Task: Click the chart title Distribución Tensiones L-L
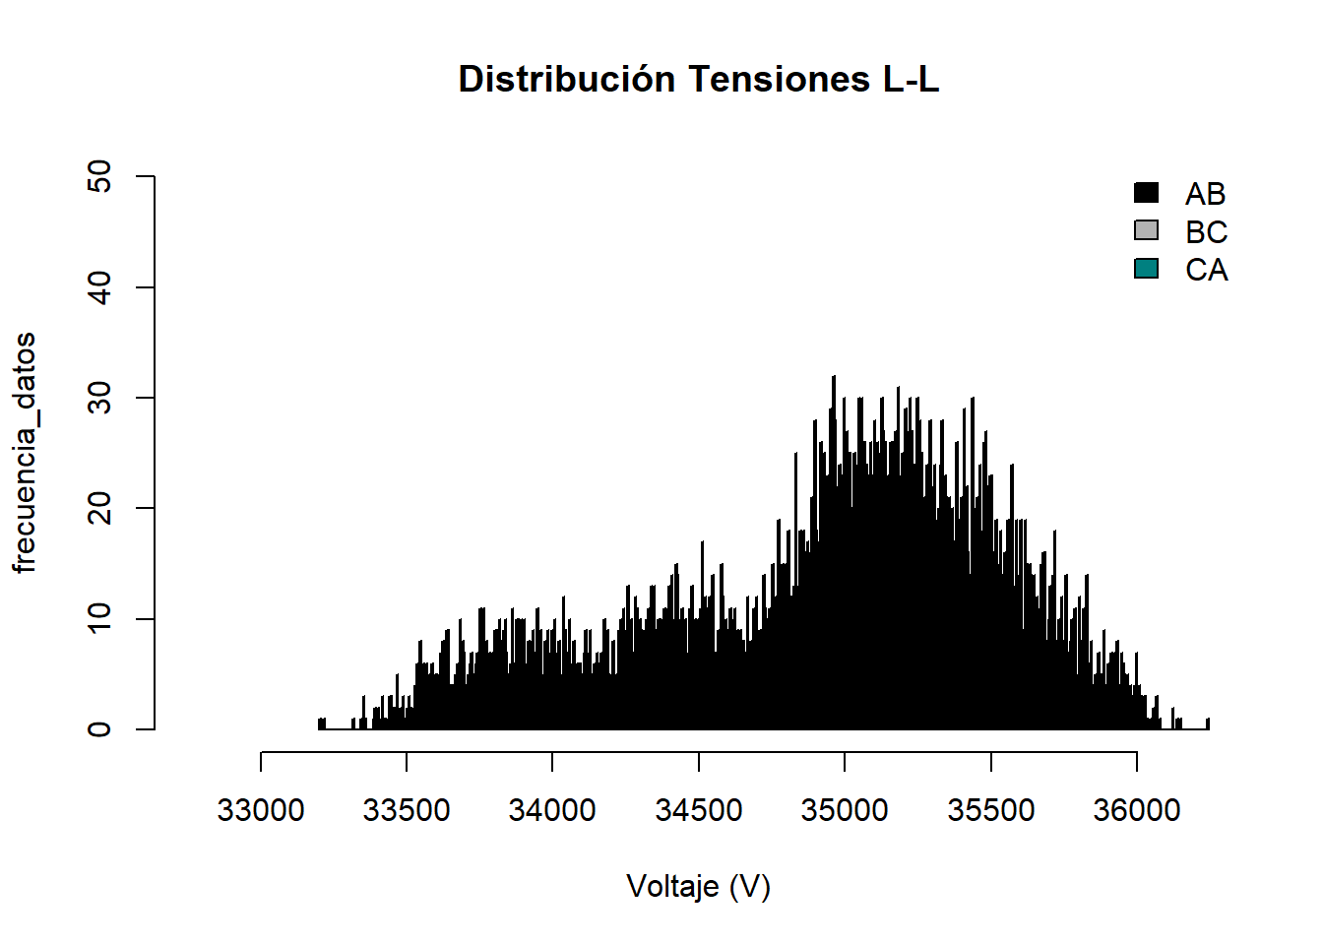(x=699, y=80)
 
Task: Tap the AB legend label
(x=1206, y=194)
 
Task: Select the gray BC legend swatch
(x=1147, y=230)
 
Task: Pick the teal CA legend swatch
(x=1147, y=269)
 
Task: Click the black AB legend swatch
(x=1147, y=193)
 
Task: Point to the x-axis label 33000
(x=261, y=810)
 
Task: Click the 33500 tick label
(x=407, y=810)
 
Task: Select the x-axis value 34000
(x=552, y=810)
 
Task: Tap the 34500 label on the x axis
(x=699, y=810)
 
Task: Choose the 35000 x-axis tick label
(x=845, y=810)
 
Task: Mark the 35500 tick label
(x=990, y=810)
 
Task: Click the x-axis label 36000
(x=1137, y=810)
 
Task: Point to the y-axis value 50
(x=99, y=177)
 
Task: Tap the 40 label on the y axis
(x=99, y=287)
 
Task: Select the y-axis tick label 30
(x=99, y=398)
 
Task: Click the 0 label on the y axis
(x=99, y=729)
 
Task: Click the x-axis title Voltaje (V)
(x=699, y=886)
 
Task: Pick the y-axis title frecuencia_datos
(x=25, y=453)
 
